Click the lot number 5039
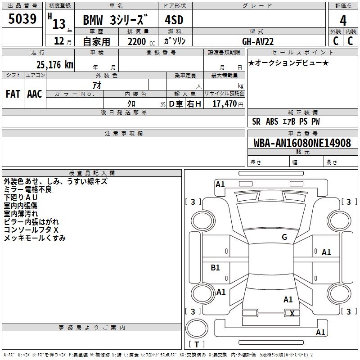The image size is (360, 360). pyautogui.click(x=22, y=19)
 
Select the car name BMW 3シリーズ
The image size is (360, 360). pyautogui.click(x=115, y=20)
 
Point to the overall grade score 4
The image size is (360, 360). pyautogui.click(x=343, y=21)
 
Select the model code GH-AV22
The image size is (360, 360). pyautogui.click(x=258, y=41)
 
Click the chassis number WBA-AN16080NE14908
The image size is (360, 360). pyautogui.click(x=302, y=143)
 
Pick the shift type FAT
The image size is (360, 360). pyautogui.click(x=13, y=94)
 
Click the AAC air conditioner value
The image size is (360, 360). pyautogui.click(x=35, y=94)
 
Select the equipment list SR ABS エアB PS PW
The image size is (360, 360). pyautogui.click(x=286, y=121)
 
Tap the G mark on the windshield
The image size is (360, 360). pyautogui.click(x=284, y=237)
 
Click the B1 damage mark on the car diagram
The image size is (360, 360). pyautogui.click(x=216, y=268)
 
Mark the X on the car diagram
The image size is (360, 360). pyautogui.click(x=292, y=314)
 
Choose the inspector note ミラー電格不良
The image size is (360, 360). pyautogui.click(x=28, y=189)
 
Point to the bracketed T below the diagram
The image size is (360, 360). pyautogui.click(x=197, y=345)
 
